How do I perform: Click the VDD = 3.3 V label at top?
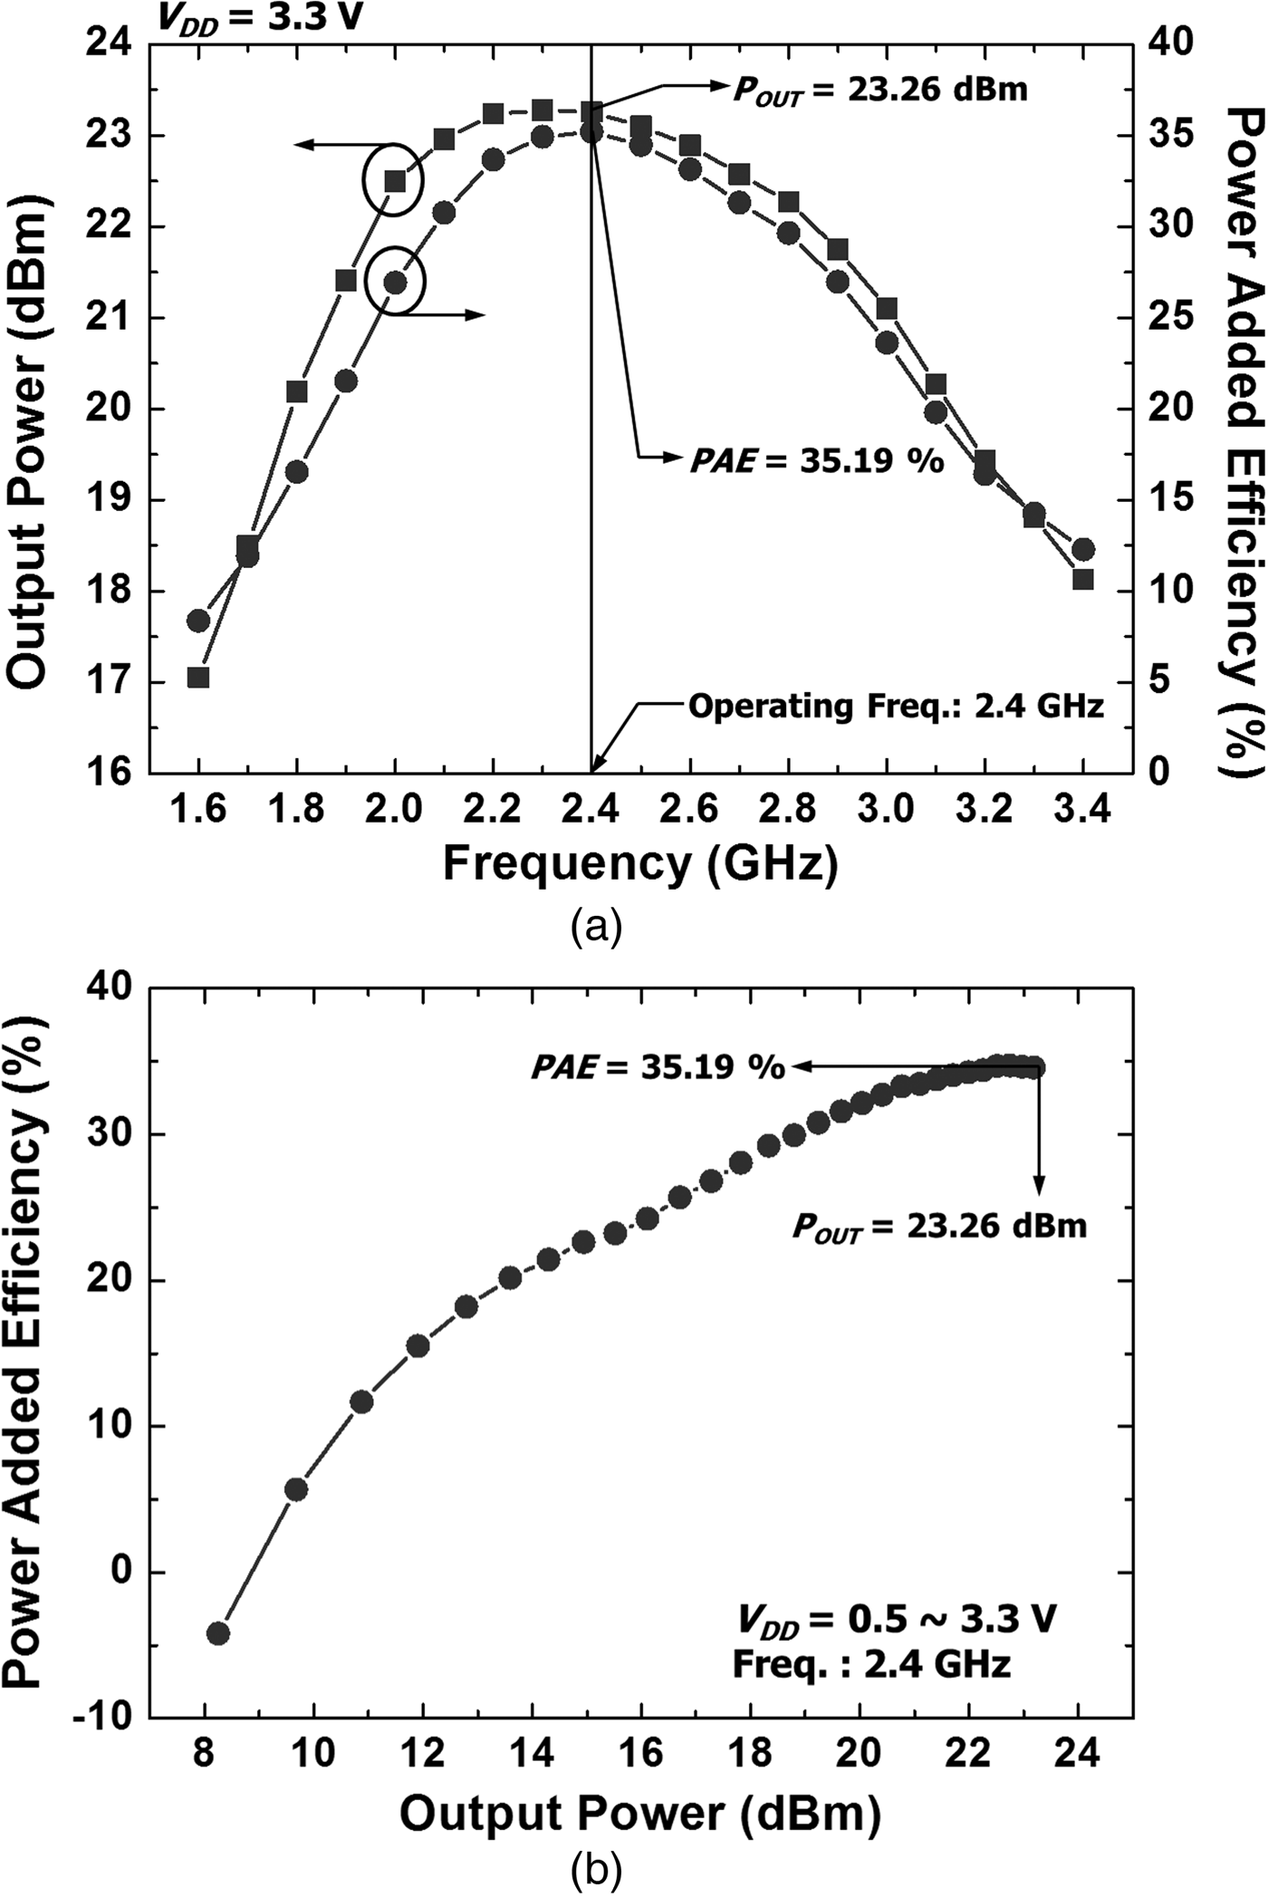pos(260,16)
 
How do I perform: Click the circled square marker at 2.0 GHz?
pos(395,181)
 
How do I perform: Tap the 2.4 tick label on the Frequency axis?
pos(591,809)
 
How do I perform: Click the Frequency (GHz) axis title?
pos(640,863)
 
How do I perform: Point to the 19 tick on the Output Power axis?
pos(107,500)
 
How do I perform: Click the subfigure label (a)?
pos(597,928)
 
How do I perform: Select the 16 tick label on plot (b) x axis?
pos(640,1754)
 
